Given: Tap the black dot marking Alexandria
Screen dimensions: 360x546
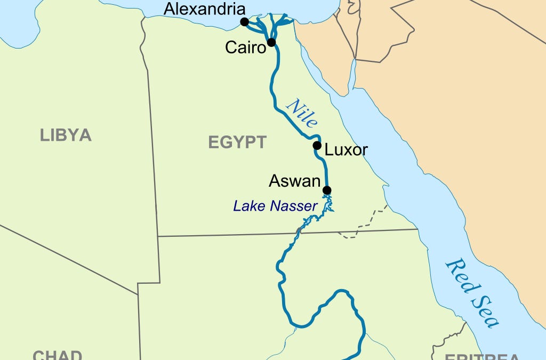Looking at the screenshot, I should click(x=244, y=22).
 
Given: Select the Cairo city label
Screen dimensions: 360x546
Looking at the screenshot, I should click(x=245, y=47).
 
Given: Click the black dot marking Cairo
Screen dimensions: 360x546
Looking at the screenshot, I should click(x=271, y=42).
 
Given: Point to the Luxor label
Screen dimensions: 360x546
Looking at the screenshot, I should click(x=346, y=150).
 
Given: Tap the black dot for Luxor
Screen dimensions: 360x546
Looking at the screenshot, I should click(x=317, y=146).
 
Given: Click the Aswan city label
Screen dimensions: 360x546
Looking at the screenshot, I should click(x=295, y=181).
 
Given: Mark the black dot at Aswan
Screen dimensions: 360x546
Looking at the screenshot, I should click(x=327, y=190).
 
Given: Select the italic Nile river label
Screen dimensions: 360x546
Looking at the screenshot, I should click(x=301, y=114).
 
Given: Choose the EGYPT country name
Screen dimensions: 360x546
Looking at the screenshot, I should click(x=237, y=142).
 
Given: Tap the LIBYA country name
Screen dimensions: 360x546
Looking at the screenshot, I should click(x=66, y=135).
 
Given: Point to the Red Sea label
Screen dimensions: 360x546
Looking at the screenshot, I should click(x=472, y=292).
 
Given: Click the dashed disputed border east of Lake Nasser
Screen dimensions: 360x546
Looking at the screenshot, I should click(x=373, y=218).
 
